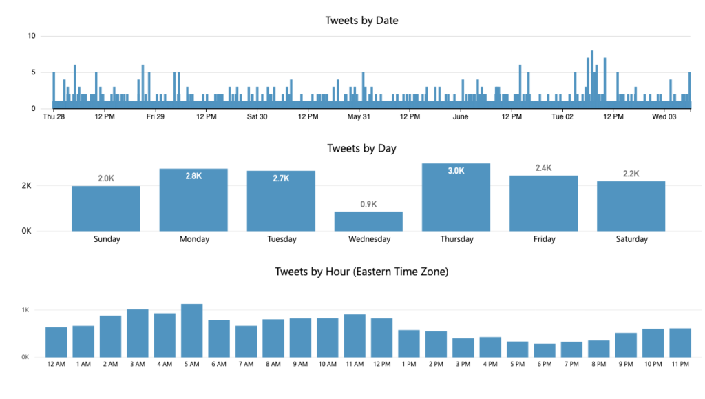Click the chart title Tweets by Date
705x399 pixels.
pos(361,21)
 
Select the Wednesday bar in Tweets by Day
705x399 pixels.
pos(369,221)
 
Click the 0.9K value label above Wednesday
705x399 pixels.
pos(369,205)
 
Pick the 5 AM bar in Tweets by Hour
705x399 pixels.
pos(191,331)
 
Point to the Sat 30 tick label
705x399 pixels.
pos(257,117)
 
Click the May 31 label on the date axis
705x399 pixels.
pos(359,117)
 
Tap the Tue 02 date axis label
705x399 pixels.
pos(562,117)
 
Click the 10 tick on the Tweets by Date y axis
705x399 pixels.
pos(32,36)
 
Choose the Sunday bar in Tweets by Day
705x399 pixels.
pos(106,209)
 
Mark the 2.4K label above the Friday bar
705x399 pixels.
pos(544,168)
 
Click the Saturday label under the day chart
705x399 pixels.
pos(631,240)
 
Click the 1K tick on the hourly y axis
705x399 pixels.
pos(25,311)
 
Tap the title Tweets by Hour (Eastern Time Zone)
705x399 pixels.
pos(361,272)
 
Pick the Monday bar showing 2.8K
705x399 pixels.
pos(193,200)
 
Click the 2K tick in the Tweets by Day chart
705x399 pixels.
pos(26,186)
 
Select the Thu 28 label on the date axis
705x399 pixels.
pos(53,117)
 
